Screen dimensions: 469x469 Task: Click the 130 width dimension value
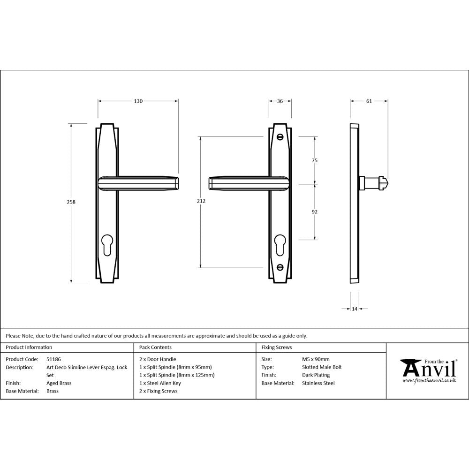138,101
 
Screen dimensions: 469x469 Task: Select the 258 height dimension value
71,202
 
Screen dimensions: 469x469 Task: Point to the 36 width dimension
280,101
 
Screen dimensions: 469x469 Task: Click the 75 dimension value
315,160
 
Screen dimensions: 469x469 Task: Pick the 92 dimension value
315,212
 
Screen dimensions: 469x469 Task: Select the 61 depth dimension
369,101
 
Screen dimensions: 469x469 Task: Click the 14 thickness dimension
354,309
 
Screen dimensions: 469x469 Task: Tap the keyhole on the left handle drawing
107,244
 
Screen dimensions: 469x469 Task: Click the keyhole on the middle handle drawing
280,244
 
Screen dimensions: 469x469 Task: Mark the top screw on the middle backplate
280,137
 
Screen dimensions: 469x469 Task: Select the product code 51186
54,359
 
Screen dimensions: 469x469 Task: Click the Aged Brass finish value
59,383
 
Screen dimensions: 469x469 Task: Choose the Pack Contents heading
155,348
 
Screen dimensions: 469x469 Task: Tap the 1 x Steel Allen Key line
160,383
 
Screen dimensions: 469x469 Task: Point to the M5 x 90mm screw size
316,359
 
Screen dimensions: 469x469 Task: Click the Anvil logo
428,371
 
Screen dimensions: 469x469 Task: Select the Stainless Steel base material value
318,383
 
